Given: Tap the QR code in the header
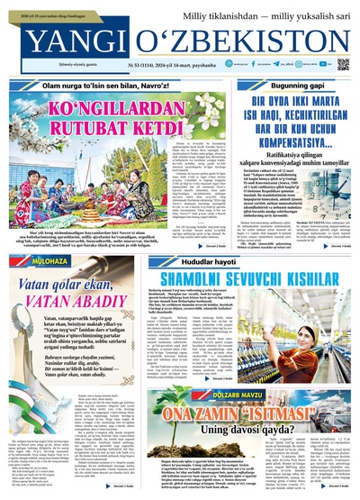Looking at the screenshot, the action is (x=342, y=65).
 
